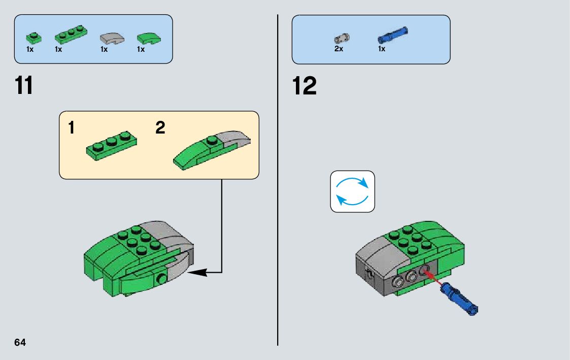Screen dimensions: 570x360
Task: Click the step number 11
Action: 24,86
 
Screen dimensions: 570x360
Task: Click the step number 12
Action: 305,86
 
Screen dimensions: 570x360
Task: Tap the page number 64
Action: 20,342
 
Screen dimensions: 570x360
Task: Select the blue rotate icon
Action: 352,191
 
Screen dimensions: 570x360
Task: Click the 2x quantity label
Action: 339,49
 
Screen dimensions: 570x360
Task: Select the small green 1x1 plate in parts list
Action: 33,37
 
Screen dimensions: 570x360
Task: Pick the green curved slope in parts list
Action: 148,38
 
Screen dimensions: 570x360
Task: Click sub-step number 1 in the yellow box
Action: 72,128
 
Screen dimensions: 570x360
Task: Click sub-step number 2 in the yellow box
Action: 160,128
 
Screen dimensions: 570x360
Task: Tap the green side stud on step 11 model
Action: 161,278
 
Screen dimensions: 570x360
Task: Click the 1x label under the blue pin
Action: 382,49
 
